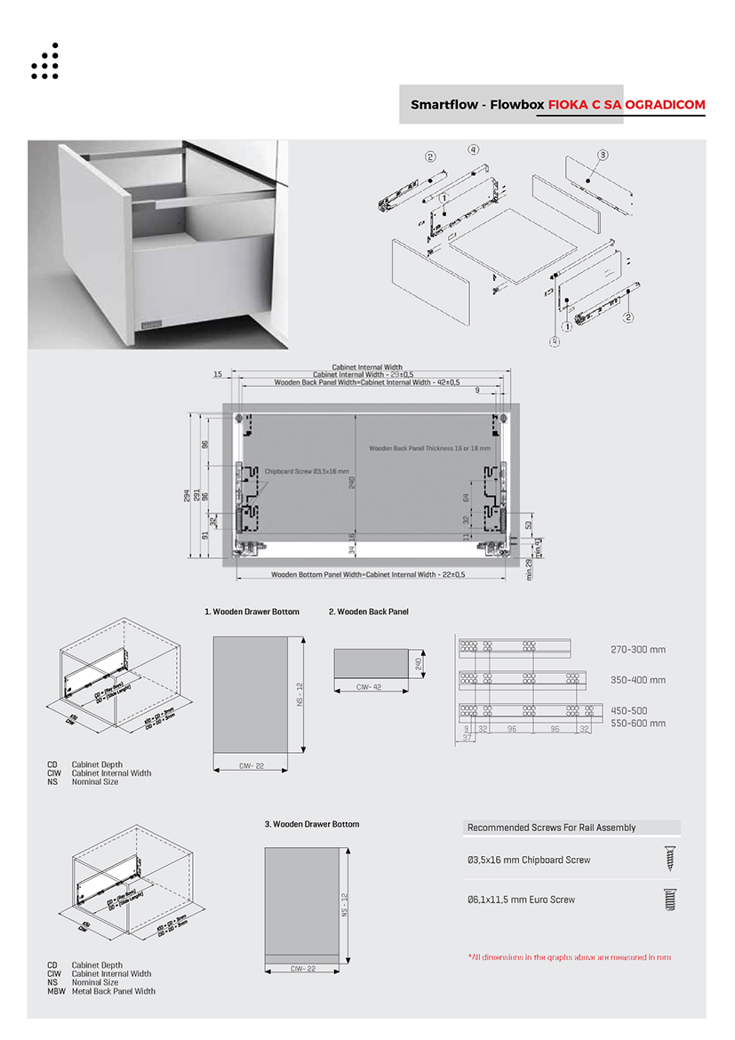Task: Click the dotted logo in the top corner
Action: (x=44, y=61)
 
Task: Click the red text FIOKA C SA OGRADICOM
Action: (x=627, y=105)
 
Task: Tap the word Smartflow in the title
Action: (x=442, y=105)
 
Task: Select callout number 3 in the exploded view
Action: (x=602, y=155)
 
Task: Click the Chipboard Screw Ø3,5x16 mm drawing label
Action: (x=307, y=471)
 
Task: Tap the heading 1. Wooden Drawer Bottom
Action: (x=252, y=612)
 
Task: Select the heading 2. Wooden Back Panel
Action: (x=368, y=612)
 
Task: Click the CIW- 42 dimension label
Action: (x=369, y=687)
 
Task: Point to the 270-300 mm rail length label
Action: (x=637, y=650)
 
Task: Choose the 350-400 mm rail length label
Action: (x=637, y=680)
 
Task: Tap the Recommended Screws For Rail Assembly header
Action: (x=551, y=828)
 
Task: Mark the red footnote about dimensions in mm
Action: (x=569, y=957)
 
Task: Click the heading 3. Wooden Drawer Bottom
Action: (x=312, y=824)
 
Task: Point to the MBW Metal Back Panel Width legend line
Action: (x=101, y=991)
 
